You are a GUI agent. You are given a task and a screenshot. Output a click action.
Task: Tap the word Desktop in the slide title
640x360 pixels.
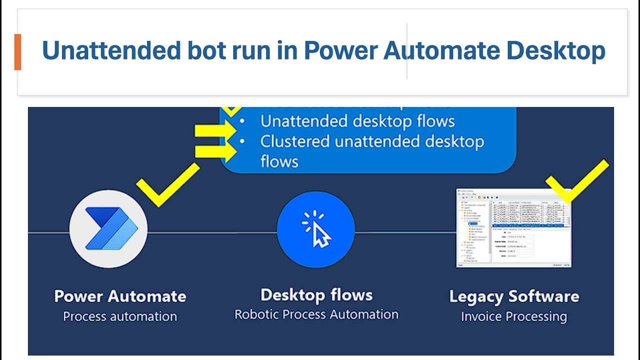click(x=555, y=51)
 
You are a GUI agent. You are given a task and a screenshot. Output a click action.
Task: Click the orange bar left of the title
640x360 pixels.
click(x=17, y=52)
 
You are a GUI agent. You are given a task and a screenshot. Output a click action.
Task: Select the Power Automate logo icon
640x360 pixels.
click(x=108, y=228)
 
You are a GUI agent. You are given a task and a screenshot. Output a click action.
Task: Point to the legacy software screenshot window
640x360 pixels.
click(x=513, y=228)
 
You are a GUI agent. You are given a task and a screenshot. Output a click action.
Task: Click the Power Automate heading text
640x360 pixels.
click(x=120, y=296)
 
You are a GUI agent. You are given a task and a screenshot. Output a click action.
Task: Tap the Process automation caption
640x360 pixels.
click(x=120, y=316)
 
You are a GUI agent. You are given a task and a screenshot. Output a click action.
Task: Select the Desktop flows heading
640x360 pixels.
click(x=316, y=295)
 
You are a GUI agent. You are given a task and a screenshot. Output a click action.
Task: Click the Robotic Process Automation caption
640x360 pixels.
click(x=316, y=314)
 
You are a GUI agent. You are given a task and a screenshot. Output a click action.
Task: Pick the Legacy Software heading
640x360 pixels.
click(x=514, y=296)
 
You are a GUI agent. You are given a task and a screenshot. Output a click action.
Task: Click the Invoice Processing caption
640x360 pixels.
click(x=514, y=316)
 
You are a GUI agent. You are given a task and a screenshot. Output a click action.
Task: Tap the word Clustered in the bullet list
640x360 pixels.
click(x=295, y=141)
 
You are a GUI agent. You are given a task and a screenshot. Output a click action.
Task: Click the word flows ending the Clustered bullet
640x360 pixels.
click(x=279, y=161)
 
